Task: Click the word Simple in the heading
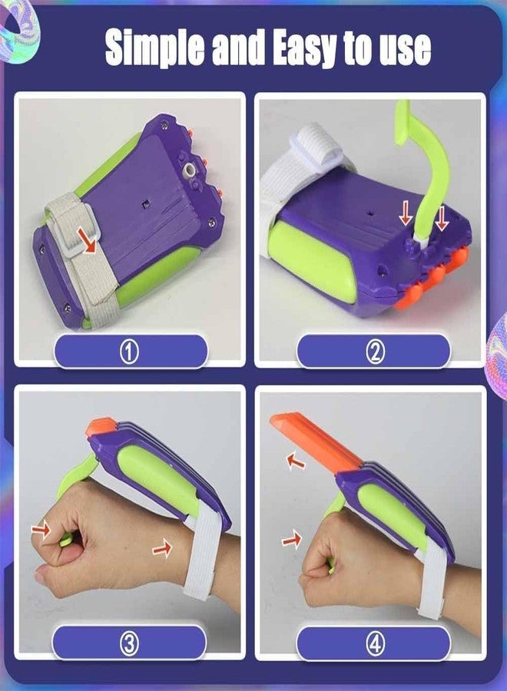tap(154, 48)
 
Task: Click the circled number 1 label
tap(130, 352)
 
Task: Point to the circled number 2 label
tap(375, 352)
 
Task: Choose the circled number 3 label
tap(130, 644)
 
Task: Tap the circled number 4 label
tap(375, 644)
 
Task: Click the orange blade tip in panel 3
tap(102, 427)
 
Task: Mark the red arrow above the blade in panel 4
tap(296, 461)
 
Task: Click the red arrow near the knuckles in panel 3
tap(41, 529)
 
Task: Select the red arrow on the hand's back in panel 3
tap(162, 547)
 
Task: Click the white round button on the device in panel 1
tap(191, 170)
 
